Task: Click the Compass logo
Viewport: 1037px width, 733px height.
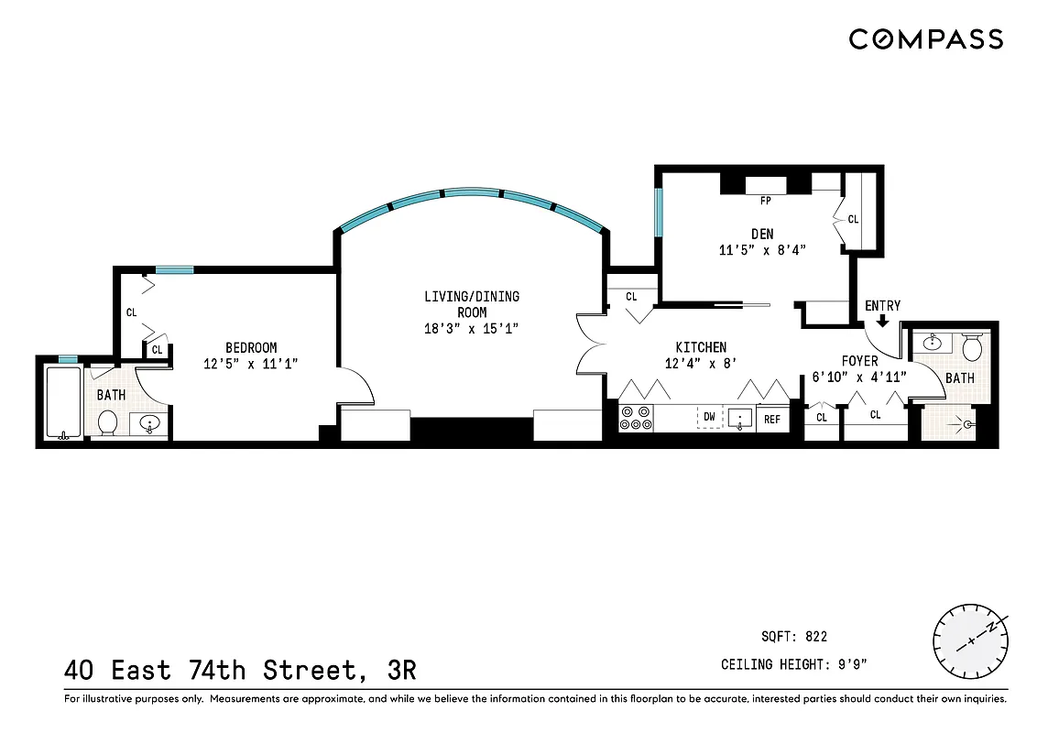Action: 925,39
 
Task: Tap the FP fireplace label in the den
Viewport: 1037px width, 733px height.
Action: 766,200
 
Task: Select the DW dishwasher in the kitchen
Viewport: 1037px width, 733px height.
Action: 709,418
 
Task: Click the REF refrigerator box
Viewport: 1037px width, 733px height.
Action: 772,419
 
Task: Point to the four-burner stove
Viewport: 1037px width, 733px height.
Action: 637,419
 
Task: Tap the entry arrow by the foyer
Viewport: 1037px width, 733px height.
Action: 882,322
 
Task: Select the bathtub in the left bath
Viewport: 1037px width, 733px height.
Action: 63,402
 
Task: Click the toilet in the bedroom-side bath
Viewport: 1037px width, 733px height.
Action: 107,422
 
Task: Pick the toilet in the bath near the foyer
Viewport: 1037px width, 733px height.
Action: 972,348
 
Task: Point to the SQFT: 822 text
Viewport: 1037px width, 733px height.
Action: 794,637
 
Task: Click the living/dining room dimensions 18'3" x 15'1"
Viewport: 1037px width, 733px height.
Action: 471,327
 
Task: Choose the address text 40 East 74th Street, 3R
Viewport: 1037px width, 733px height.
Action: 240,671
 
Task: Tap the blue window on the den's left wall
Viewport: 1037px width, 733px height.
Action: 657,213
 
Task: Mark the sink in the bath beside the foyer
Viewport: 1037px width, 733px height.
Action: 933,344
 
